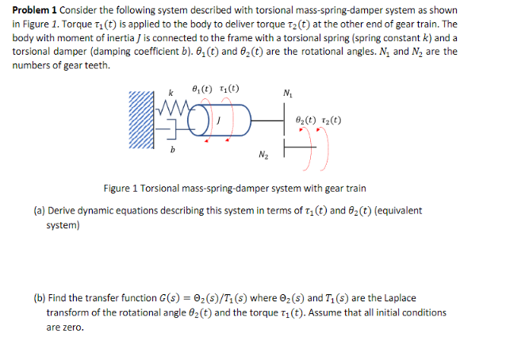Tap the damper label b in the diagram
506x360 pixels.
click(x=173, y=151)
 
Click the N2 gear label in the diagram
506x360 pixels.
click(x=261, y=154)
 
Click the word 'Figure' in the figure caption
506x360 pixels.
click(x=119, y=189)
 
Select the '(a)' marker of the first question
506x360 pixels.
click(x=39, y=211)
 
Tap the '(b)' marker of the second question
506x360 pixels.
click(x=39, y=300)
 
